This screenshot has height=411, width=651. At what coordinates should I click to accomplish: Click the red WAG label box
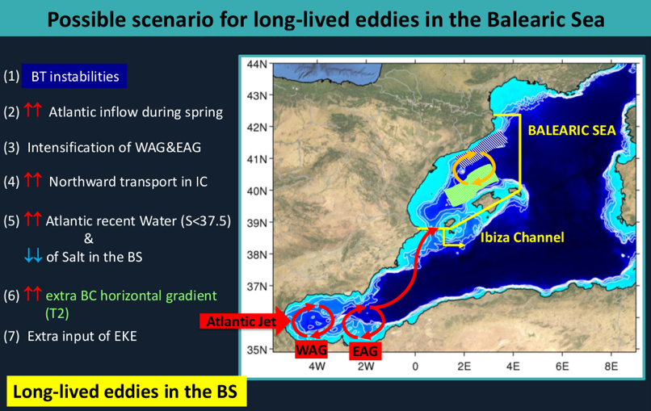click(312, 350)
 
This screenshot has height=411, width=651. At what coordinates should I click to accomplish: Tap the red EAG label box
click(365, 350)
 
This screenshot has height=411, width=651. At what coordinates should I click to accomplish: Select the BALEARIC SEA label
click(572, 130)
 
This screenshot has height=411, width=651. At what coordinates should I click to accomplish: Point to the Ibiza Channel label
click(523, 237)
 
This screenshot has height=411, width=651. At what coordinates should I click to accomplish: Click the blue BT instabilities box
click(74, 76)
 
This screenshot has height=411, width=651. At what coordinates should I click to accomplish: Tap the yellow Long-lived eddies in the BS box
click(125, 392)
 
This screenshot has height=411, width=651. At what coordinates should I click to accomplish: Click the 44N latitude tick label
click(257, 64)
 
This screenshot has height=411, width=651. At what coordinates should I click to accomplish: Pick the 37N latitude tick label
click(257, 286)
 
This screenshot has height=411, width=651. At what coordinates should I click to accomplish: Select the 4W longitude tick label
click(317, 366)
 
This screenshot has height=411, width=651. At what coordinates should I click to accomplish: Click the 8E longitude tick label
click(611, 366)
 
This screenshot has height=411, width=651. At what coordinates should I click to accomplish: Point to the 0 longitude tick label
click(415, 366)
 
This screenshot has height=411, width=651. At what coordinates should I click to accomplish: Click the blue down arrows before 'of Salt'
click(33, 256)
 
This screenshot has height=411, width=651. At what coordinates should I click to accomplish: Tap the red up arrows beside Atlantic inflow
click(33, 110)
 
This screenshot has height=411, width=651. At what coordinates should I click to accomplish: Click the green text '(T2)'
click(57, 313)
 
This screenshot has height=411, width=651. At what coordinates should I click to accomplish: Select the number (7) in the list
click(11, 336)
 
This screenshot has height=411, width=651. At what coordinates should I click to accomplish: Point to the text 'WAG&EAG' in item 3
click(168, 148)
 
